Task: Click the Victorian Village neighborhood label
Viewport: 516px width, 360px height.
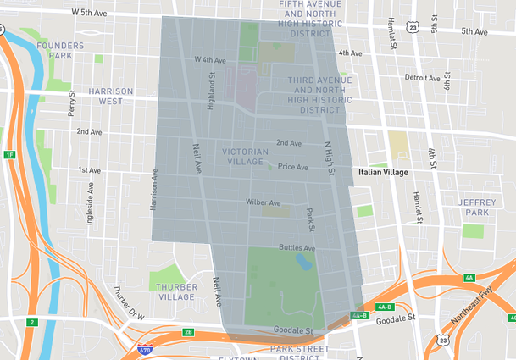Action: pos(245,157)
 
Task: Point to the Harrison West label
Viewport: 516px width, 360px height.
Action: pos(110,96)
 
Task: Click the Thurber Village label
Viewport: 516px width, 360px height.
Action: pos(176,292)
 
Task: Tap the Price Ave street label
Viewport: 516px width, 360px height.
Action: pos(292,167)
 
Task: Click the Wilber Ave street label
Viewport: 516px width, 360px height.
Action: pos(263,203)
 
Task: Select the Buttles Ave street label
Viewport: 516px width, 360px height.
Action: pos(297,248)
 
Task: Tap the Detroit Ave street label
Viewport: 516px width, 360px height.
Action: pos(422,77)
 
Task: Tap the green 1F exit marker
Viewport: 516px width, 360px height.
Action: pos(9,155)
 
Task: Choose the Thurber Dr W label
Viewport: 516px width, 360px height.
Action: pos(130,301)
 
